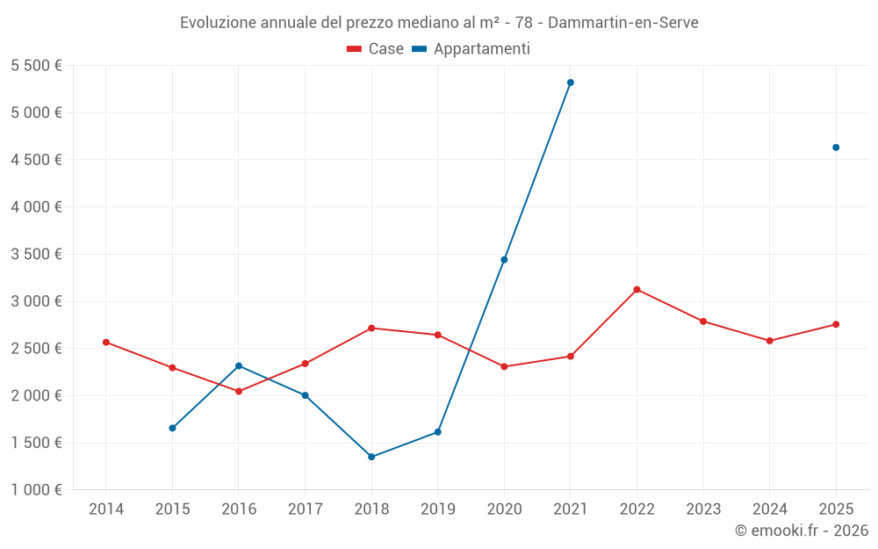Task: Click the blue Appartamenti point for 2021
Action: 571,83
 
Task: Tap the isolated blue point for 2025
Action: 836,148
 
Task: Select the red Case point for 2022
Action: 637,289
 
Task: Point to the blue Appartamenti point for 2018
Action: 371,457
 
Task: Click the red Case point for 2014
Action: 106,342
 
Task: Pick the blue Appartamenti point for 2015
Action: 172,428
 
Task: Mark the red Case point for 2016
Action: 239,391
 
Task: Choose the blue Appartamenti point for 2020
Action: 504,260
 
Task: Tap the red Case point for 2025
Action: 836,324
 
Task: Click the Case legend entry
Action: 376,49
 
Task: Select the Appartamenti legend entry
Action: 471,49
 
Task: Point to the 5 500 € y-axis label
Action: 36,66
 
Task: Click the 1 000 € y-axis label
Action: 36,490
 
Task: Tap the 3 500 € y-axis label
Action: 36,255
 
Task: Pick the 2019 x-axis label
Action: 437,509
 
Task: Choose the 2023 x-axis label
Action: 703,509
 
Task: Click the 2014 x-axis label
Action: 106,509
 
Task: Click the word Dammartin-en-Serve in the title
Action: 623,23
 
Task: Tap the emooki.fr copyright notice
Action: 801,531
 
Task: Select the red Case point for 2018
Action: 371,328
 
